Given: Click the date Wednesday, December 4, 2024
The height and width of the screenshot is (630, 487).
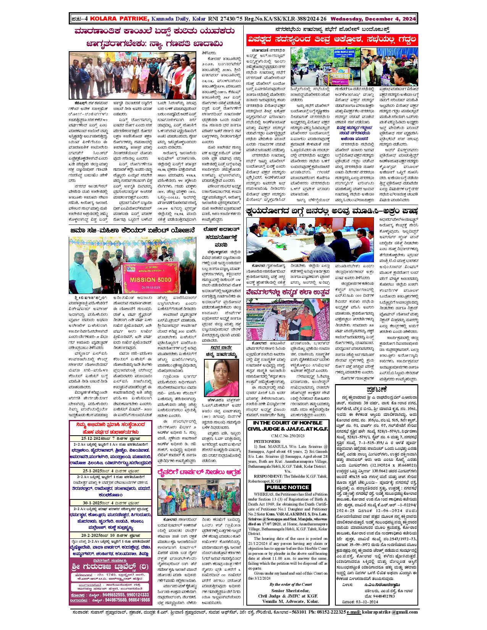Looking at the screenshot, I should pos(373,18).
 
